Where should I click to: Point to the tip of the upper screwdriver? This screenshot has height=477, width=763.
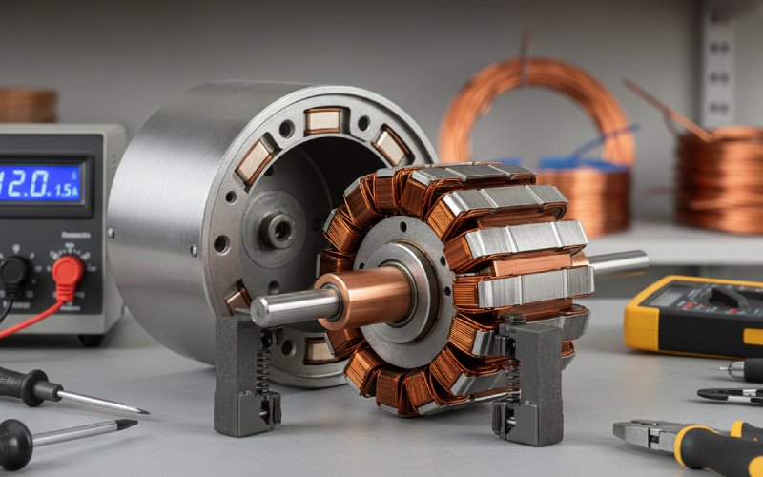click(x=143, y=411)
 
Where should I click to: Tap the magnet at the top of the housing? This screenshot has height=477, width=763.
click(x=324, y=121)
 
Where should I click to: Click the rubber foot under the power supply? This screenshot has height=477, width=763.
click(x=91, y=340)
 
